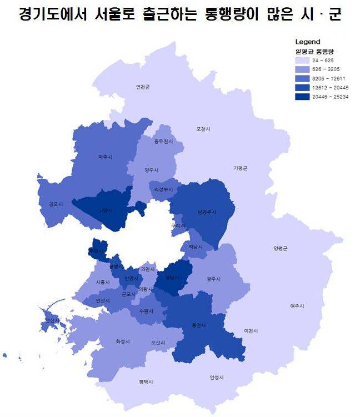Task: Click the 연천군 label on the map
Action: pos(143,87)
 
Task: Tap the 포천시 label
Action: pos(203,129)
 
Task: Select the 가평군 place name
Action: pos(240,168)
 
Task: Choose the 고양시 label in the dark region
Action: pos(105,210)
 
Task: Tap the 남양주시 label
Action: pos(206,212)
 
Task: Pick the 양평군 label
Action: pos(281,248)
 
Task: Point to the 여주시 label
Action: pos(297,305)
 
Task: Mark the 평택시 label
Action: pos(146,382)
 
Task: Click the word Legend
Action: pos(308,42)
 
